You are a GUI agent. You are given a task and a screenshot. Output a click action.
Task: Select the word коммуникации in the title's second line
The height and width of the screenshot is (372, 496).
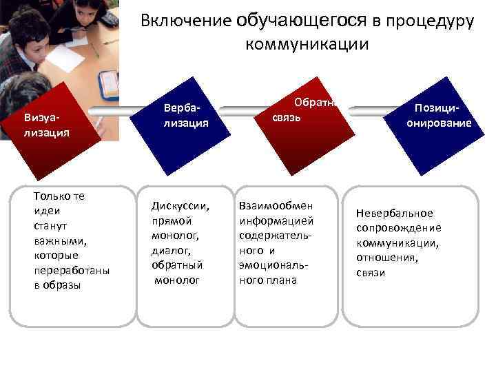[x=307, y=45]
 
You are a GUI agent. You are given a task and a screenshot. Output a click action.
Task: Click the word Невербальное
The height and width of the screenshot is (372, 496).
[x=395, y=213]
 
